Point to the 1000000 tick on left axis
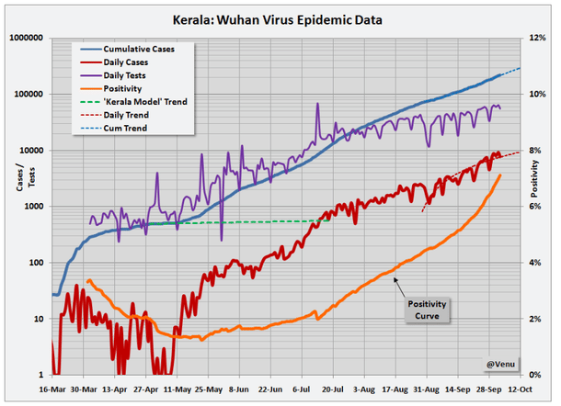click(x=27, y=39)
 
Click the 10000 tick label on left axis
click(x=32, y=151)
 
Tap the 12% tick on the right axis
click(x=538, y=39)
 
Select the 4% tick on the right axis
click(x=536, y=263)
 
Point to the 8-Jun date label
click(x=241, y=389)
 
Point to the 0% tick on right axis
click(x=536, y=375)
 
